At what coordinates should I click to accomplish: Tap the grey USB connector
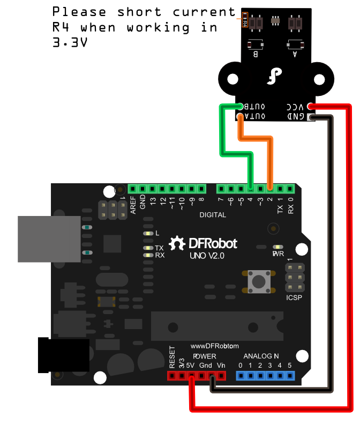coord(49,239)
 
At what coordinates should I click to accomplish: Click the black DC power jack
coord(63,355)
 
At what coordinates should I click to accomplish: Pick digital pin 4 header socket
coord(251,189)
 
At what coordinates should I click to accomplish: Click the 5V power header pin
coord(191,376)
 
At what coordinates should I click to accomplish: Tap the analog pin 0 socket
coord(241,376)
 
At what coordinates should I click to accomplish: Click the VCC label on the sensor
coord(296,106)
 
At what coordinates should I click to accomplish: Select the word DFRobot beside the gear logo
coord(213,244)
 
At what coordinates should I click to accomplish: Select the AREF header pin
coord(133,189)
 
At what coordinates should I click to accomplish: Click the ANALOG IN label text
coord(261,356)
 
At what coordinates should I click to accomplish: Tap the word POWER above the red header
coord(205,356)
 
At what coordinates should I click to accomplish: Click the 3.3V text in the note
coord(70,42)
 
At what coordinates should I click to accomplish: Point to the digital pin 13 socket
coord(153,189)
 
